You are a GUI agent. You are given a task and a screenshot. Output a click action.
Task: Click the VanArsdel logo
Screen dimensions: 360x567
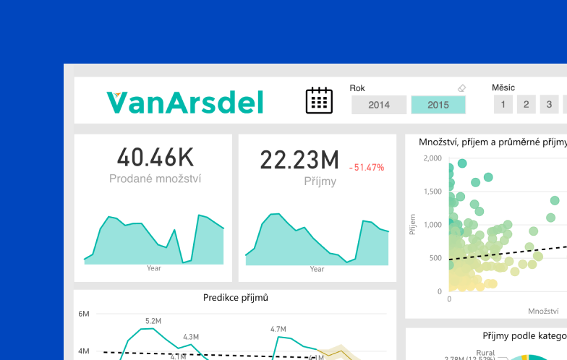pyautogui.click(x=184, y=102)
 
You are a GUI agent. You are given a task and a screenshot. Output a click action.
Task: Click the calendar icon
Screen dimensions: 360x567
pyautogui.click(x=319, y=100)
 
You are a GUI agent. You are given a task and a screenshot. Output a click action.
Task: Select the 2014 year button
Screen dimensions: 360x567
pyautogui.click(x=379, y=105)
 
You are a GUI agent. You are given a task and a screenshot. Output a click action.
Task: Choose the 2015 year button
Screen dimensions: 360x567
pyautogui.click(x=438, y=105)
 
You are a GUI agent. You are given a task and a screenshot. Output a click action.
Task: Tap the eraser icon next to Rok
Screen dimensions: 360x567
pyautogui.click(x=462, y=88)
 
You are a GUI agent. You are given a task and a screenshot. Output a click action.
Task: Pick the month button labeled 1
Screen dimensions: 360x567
pyautogui.click(x=503, y=105)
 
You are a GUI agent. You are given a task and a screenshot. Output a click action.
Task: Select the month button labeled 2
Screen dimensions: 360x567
pyautogui.click(x=526, y=105)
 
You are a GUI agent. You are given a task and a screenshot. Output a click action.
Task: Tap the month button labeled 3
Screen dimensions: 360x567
pyautogui.click(x=549, y=105)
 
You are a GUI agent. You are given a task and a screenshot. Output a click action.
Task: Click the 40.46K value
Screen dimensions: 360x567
pyautogui.click(x=154, y=157)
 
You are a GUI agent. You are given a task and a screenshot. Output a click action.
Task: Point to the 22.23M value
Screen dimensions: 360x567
pyautogui.click(x=299, y=160)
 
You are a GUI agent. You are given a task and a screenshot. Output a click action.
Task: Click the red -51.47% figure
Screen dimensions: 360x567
pyautogui.click(x=367, y=168)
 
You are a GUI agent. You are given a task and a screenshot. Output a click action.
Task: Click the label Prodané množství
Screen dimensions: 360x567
pyautogui.click(x=154, y=178)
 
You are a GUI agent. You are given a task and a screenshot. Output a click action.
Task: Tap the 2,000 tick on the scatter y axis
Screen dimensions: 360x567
pyautogui.click(x=432, y=158)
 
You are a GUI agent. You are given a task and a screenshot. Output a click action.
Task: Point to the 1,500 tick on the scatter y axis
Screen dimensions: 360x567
pyautogui.click(x=432, y=192)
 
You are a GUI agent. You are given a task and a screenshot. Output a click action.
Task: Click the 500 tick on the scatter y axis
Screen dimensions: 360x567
pyautogui.click(x=435, y=258)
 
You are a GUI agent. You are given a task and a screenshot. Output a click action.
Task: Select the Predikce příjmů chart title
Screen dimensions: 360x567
pyautogui.click(x=236, y=297)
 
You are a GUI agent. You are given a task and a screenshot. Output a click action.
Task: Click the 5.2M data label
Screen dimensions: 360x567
pyautogui.click(x=153, y=321)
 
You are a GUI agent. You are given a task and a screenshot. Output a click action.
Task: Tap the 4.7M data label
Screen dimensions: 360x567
pyautogui.click(x=278, y=329)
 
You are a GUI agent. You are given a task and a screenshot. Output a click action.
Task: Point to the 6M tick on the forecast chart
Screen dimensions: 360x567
pyautogui.click(x=83, y=314)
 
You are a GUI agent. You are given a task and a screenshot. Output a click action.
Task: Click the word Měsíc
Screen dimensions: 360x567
pyautogui.click(x=503, y=87)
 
